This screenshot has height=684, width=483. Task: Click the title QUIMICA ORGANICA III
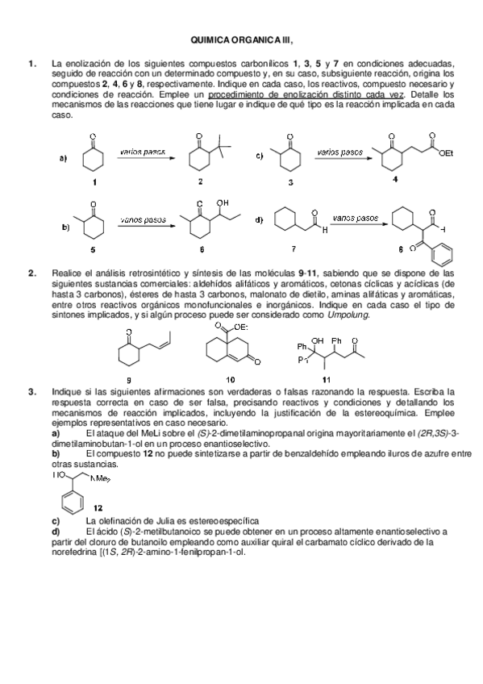coord(241,39)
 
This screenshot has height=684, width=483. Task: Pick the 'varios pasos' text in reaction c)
coord(339,151)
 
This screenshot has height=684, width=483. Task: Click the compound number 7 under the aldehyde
coord(293,249)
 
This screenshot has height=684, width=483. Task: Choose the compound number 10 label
coord(231,377)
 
